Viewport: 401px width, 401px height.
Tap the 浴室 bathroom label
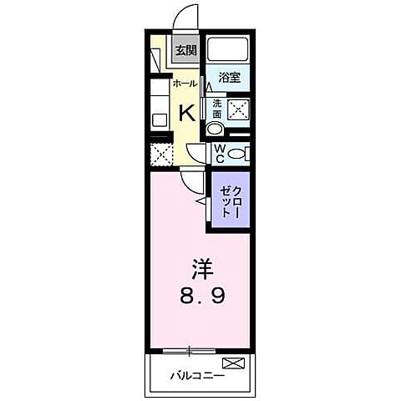[x=229, y=78]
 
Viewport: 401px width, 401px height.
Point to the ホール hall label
[x=184, y=84]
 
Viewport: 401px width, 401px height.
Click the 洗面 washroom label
[x=217, y=109]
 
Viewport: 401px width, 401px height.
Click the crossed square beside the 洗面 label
[x=239, y=109]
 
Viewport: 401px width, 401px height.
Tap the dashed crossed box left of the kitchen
[x=160, y=155]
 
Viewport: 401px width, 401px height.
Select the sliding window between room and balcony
[x=193, y=349]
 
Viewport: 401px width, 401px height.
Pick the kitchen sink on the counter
[x=159, y=119]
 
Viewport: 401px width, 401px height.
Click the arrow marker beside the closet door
[x=201, y=201]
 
